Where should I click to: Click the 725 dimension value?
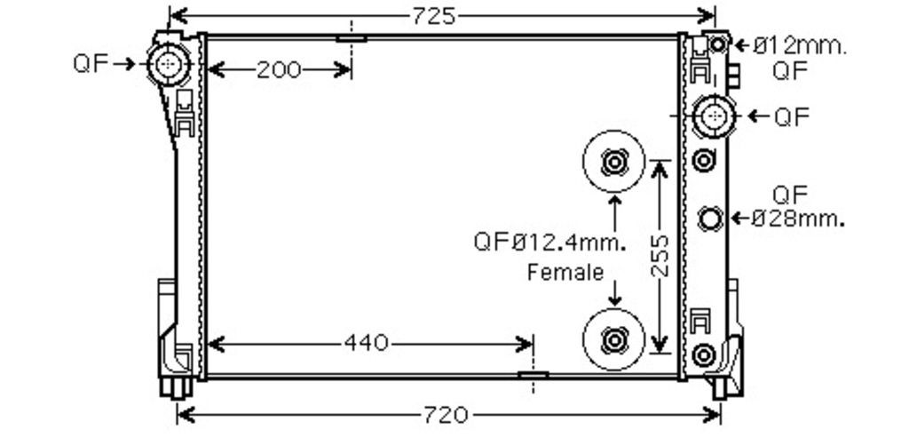point(434,15)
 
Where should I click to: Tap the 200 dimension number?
point(279,70)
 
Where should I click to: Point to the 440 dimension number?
point(366,342)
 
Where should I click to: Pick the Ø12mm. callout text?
point(800,44)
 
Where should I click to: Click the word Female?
point(565,273)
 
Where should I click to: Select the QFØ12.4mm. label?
point(550,241)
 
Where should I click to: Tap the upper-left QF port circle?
point(169,63)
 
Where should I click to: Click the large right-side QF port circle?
point(714,116)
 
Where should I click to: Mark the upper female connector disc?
point(613,162)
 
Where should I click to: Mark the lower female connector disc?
point(613,338)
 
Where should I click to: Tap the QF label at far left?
point(91,63)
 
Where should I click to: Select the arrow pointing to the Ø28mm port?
point(740,218)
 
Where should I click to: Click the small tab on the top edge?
point(352,38)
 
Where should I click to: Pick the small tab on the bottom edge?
point(533,375)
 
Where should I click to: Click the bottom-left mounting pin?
point(175,387)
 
